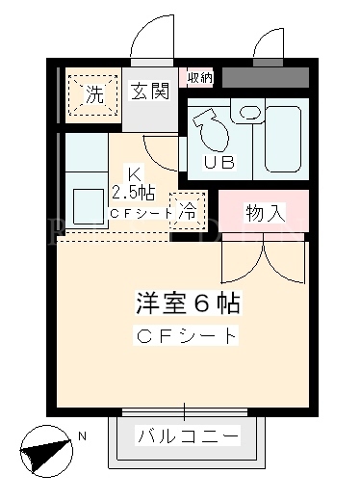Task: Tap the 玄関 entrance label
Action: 150,91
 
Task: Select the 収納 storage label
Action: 200,77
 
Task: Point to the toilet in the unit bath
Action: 211,129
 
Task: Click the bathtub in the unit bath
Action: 283,139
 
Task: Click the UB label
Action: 219,163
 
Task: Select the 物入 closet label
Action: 266,213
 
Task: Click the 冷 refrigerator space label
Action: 187,211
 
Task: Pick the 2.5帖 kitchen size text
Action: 133,193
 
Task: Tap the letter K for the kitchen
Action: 134,175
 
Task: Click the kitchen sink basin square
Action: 89,206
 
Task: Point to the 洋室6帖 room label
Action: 188,303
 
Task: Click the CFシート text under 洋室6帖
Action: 186,335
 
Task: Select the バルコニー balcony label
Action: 189,435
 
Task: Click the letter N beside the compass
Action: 82,436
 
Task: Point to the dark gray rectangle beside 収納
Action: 266,77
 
